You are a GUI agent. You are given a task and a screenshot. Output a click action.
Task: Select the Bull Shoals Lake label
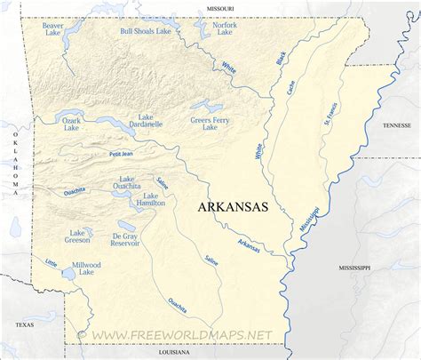[x=145, y=31]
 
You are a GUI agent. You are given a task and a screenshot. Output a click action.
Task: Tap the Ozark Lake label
[x=71, y=123]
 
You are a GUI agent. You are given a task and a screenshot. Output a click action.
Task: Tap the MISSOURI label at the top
[x=221, y=7]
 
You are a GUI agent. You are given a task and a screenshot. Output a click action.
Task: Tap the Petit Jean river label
[x=121, y=155]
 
